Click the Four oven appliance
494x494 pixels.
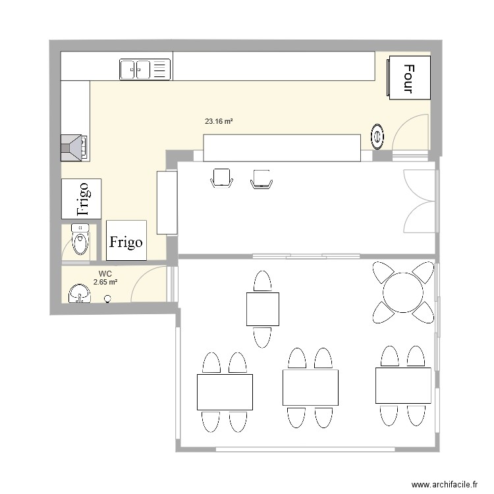(409, 78)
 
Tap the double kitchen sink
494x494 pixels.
(146, 69)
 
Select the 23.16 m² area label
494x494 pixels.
(219, 121)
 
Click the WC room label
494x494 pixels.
(105, 274)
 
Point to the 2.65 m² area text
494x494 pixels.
(105, 282)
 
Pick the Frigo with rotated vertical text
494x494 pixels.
(81, 199)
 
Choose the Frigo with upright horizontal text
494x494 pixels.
(126, 240)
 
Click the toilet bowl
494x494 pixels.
(80, 239)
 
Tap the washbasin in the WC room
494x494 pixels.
(80, 294)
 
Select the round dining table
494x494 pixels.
(403, 292)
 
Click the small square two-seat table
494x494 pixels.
(263, 309)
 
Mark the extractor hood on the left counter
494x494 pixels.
(74, 148)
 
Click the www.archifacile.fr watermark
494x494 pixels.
(445, 484)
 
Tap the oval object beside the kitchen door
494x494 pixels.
(377, 137)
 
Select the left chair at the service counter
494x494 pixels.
(222, 178)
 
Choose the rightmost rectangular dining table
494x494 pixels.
(403, 385)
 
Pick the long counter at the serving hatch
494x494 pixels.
(282, 148)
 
